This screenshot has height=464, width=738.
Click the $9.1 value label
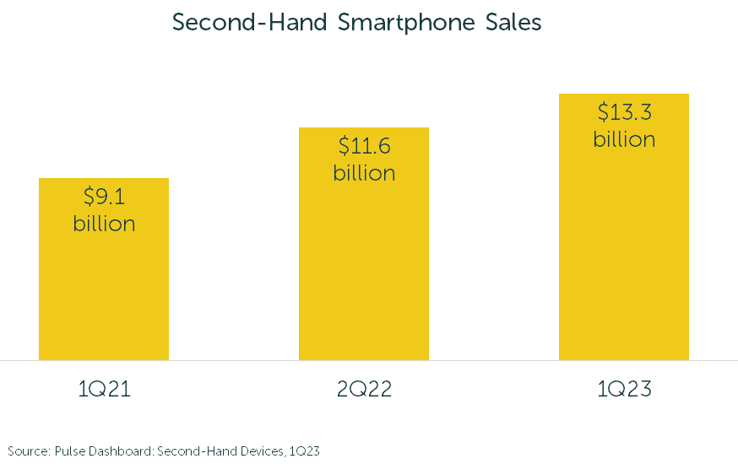(x=104, y=197)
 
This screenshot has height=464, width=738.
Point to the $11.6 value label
(x=364, y=146)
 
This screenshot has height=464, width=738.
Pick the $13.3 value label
(x=624, y=112)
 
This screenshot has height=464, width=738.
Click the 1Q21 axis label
(x=104, y=390)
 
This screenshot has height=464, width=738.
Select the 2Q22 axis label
(x=364, y=390)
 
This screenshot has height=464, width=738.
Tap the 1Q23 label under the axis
(x=624, y=390)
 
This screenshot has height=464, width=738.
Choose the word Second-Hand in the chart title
(x=250, y=23)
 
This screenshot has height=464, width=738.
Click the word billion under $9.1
(x=104, y=224)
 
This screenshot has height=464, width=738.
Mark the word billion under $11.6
(x=364, y=173)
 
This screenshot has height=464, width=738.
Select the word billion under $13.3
(x=624, y=139)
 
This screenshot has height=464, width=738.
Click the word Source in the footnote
(x=27, y=451)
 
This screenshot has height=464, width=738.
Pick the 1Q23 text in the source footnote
(x=305, y=451)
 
